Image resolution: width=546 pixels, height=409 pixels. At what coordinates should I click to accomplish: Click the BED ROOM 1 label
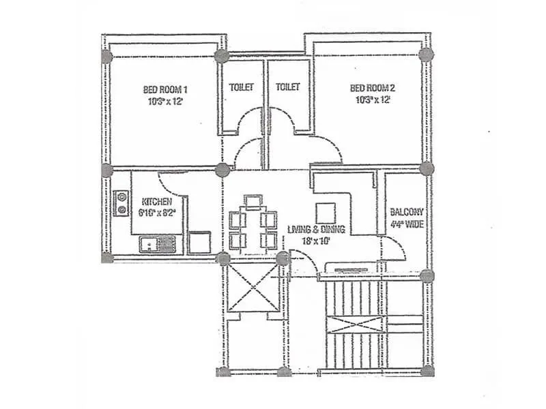click(x=165, y=89)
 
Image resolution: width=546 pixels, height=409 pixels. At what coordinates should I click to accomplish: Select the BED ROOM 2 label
click(x=372, y=88)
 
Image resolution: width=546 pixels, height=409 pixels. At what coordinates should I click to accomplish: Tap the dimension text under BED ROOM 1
click(x=165, y=101)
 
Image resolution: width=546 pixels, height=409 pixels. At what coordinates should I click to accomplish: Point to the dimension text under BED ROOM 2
click(x=372, y=100)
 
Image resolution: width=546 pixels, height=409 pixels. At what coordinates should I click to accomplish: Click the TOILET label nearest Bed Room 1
click(x=242, y=87)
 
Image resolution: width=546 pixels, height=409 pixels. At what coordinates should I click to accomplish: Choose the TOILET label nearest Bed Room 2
click(x=288, y=87)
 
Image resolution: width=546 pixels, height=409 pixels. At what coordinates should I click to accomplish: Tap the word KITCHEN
click(x=156, y=202)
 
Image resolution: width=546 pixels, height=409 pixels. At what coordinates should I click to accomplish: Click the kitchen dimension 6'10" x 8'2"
click(x=158, y=213)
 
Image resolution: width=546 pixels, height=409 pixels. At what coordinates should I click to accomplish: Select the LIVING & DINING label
click(x=316, y=229)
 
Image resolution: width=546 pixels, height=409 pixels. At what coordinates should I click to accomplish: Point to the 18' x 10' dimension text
click(x=317, y=240)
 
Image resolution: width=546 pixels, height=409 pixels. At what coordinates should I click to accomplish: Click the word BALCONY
click(x=407, y=212)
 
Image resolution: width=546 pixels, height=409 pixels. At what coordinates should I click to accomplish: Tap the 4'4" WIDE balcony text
click(x=407, y=223)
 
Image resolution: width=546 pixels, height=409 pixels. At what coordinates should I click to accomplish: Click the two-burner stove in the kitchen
click(x=122, y=203)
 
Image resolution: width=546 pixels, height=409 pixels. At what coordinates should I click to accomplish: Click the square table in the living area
click(x=325, y=211)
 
